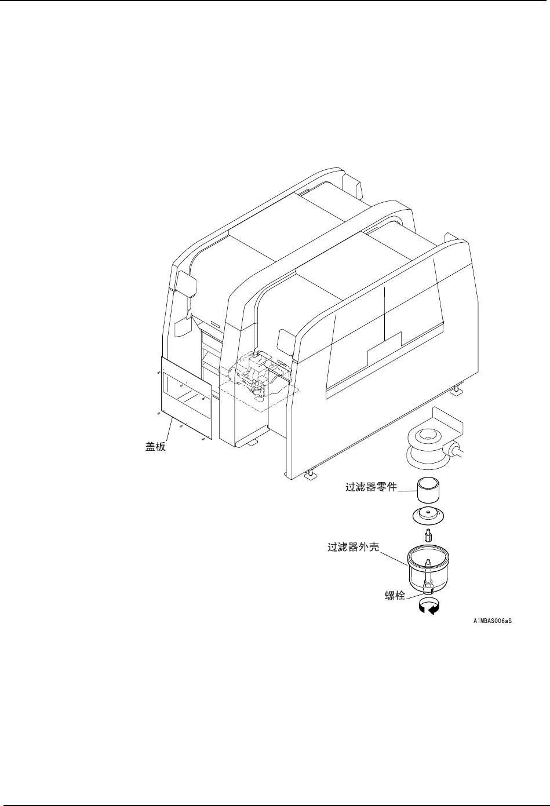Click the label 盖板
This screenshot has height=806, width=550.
(155, 447)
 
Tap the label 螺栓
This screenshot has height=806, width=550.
(395, 595)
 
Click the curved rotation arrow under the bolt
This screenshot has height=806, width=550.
(429, 607)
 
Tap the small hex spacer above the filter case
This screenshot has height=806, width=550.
(428, 535)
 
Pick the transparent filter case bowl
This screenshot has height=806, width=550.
(429, 568)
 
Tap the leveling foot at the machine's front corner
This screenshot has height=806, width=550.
(312, 475)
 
